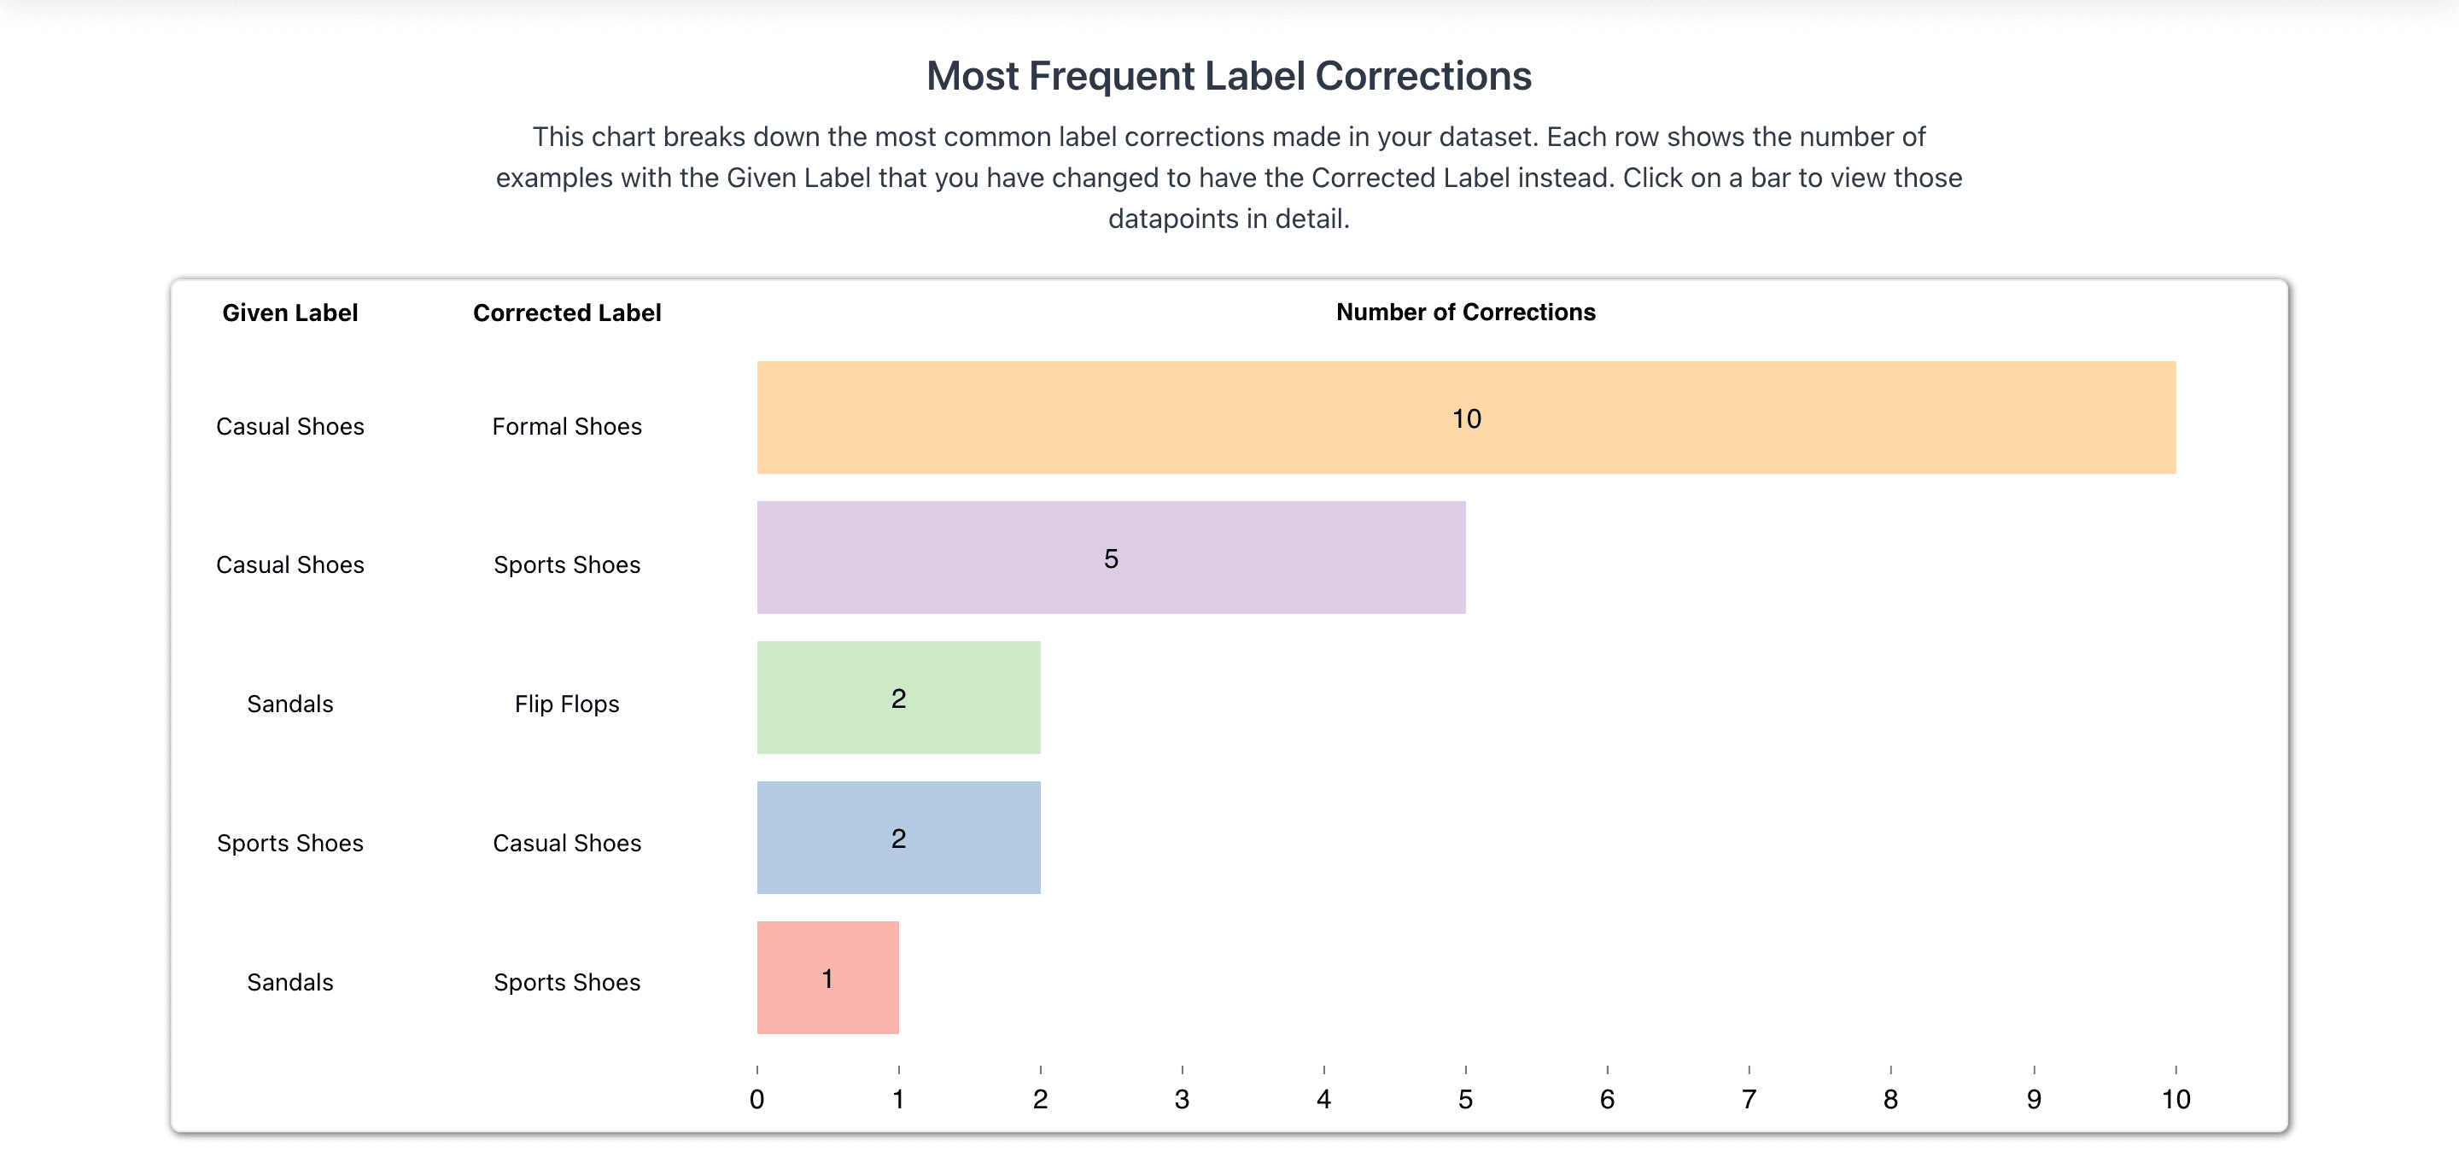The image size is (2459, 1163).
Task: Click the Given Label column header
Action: pos(289,313)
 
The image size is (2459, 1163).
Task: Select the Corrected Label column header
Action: pos(566,313)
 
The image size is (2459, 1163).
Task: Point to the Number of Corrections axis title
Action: pos(1465,313)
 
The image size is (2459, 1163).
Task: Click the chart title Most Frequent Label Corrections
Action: pos(1229,76)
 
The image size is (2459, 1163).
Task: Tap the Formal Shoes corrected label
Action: pos(566,427)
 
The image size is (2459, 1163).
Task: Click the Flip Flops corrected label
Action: pos(566,704)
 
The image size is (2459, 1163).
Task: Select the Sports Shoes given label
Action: pos(289,843)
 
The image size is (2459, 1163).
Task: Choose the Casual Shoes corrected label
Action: pos(566,843)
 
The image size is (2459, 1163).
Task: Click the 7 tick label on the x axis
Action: pos(1749,1099)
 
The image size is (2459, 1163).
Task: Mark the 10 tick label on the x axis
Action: pos(2176,1099)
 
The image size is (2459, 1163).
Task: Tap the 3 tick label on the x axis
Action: pos(1182,1099)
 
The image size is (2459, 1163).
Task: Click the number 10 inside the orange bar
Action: pos(1466,418)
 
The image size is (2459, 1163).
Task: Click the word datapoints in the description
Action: pos(1172,219)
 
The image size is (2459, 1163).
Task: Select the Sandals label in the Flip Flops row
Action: pos(289,704)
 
